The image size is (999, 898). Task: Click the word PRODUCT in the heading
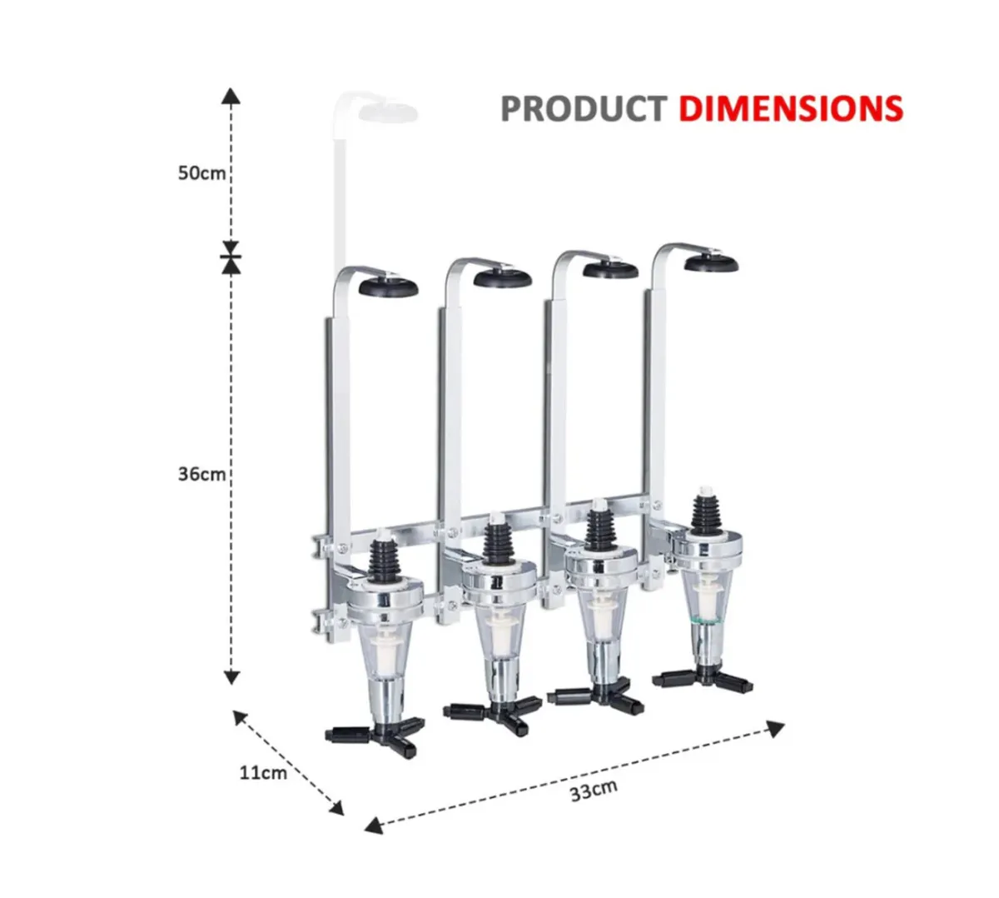583,109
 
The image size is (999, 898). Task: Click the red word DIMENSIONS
790,109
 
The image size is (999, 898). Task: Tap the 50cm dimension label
201,173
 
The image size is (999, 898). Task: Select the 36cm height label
201,474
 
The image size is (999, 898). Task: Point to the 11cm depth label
263,772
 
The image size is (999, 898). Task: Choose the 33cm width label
594,790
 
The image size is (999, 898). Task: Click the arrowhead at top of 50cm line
231,94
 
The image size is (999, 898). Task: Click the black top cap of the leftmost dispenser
389,288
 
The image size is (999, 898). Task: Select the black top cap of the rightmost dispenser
711,263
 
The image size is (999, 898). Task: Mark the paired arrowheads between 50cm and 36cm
231,257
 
